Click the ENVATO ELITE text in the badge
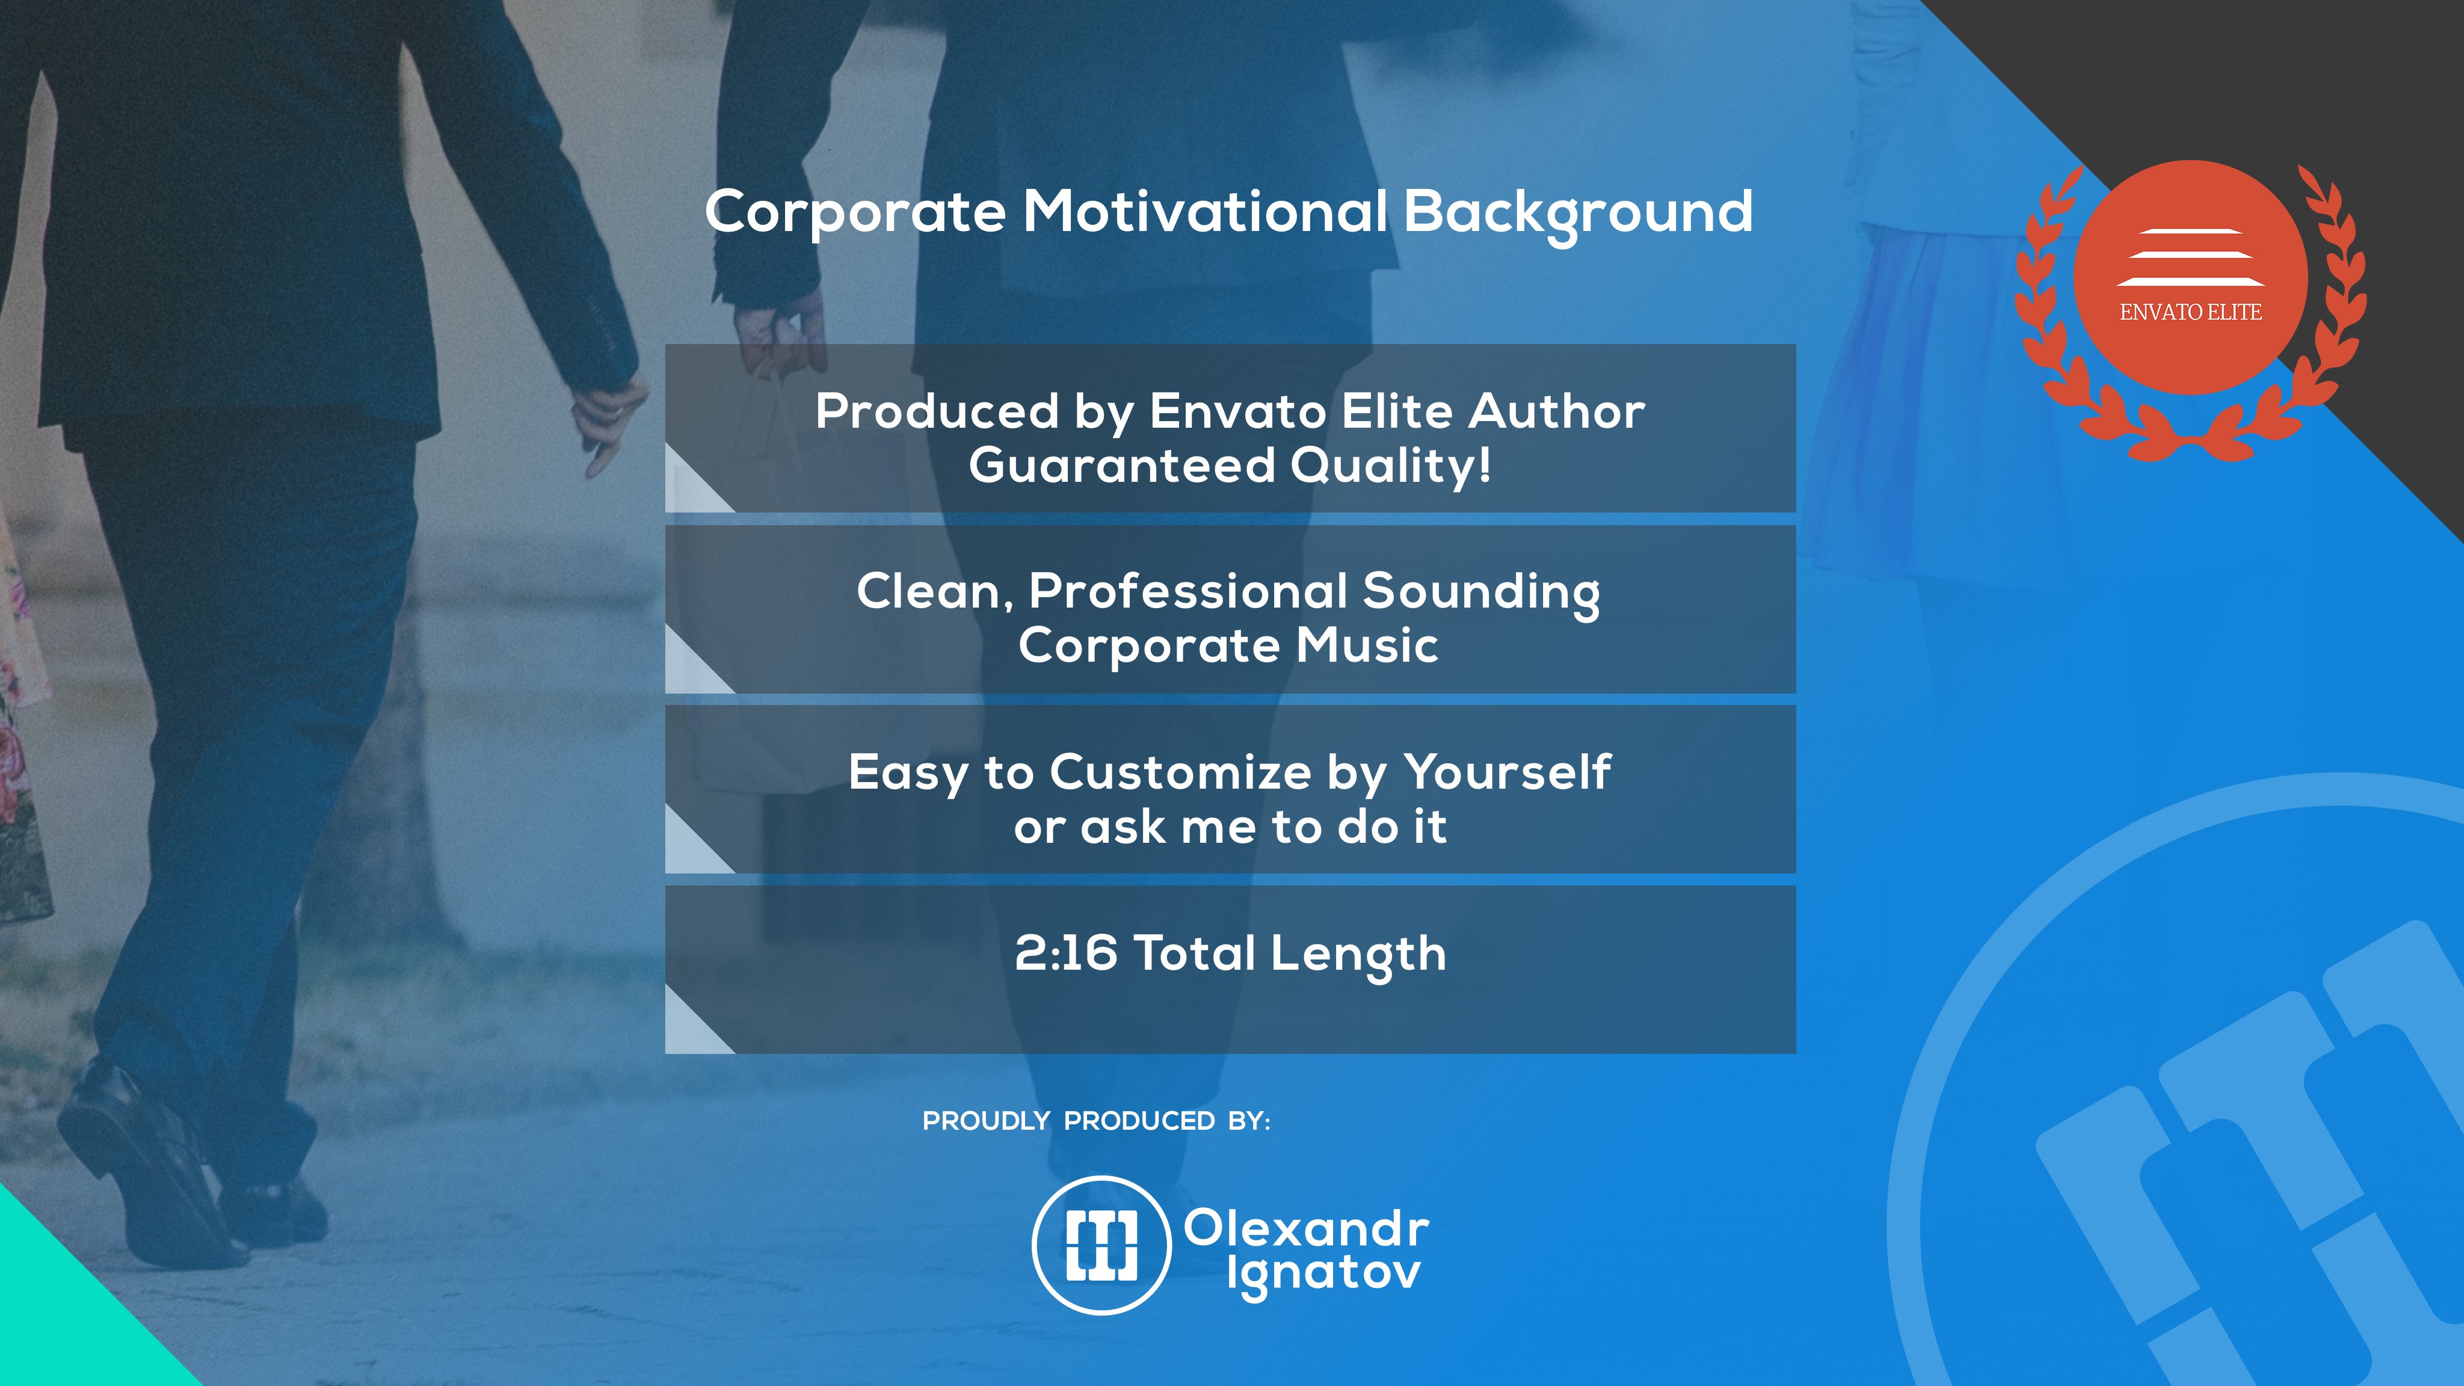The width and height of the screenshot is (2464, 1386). [2190, 312]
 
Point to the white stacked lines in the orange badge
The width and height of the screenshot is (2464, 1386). [2190, 257]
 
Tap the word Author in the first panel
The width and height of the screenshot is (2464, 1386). [1557, 411]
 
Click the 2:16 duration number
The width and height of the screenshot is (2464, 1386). [1065, 953]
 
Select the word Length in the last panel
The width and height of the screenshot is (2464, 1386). [1358, 955]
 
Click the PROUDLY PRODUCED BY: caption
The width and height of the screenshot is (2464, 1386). [1096, 1121]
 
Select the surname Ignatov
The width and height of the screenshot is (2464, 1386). [1324, 1276]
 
